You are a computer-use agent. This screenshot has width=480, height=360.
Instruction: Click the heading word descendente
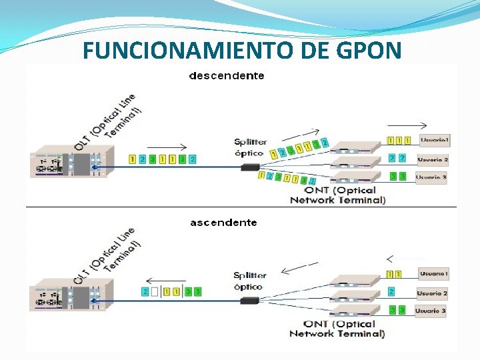point(227,76)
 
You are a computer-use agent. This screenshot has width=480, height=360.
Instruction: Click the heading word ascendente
point(223,223)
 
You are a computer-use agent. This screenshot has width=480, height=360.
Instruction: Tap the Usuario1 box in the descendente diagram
point(435,141)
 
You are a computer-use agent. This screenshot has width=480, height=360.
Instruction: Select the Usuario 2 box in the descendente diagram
point(433,160)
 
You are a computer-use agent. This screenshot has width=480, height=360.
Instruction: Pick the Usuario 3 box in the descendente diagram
point(431,177)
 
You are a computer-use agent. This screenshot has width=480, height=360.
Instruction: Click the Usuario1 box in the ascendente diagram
point(433,274)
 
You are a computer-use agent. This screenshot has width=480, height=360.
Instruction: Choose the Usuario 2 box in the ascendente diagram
point(432,293)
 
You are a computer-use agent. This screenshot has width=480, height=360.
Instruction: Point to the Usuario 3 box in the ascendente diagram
point(431,311)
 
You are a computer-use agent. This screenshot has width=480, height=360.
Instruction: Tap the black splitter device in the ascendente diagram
point(250,301)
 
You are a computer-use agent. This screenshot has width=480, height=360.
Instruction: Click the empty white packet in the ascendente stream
point(155,291)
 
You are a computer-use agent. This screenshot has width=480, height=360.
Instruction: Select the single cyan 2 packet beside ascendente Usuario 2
point(391,291)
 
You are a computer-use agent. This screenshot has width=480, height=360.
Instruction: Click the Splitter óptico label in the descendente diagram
point(250,147)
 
